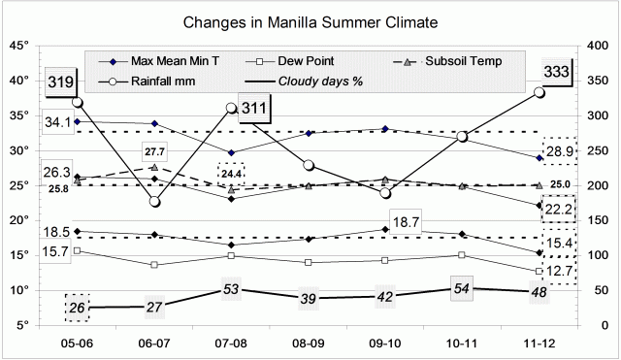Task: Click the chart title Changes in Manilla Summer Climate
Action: point(310,20)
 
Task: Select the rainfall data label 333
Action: point(556,71)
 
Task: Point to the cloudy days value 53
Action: point(231,289)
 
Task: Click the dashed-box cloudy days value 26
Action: point(78,308)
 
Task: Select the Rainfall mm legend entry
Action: point(150,81)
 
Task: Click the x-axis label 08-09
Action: point(309,344)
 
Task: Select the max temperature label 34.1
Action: point(57,122)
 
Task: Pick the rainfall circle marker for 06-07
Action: point(154,202)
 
